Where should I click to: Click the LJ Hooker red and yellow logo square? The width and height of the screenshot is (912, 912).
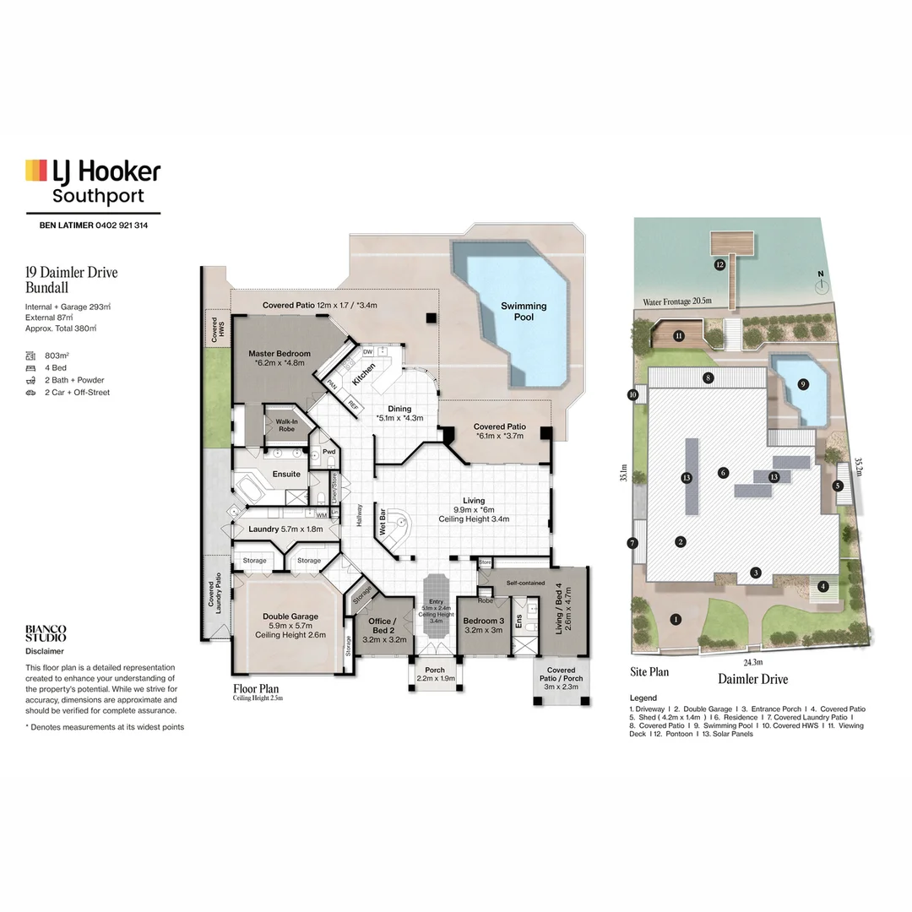(35, 170)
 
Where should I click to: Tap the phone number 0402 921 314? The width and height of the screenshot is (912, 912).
(111, 225)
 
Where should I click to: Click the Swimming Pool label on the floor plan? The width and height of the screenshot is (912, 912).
(524, 312)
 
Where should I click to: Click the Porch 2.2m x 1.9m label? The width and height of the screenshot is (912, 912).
(436, 674)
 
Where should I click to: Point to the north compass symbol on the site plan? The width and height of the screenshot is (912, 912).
(819, 284)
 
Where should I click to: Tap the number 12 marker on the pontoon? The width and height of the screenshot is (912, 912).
(719, 264)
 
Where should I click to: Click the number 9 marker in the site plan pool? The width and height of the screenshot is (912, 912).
(802, 384)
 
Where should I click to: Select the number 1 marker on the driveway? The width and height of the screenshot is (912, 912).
(676, 619)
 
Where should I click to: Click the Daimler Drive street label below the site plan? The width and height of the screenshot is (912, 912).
(752, 679)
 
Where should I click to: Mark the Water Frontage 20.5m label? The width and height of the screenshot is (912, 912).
(676, 301)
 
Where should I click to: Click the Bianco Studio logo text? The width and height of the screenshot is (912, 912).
(46, 633)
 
